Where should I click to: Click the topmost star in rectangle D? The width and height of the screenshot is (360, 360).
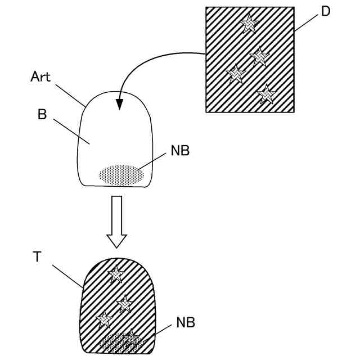point(248,23)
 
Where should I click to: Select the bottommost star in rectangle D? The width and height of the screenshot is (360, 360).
point(265,93)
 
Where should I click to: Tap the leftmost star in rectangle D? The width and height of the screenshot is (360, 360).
point(235,74)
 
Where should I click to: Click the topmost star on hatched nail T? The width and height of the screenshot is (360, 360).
point(116,274)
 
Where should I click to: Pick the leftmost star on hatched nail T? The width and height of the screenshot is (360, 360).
point(103,319)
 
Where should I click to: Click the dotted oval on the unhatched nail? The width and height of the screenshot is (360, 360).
point(121,174)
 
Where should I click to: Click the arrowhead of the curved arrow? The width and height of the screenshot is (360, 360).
point(119,105)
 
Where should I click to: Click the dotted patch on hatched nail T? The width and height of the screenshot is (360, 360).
point(121,342)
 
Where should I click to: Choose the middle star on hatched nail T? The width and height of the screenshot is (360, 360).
point(125,304)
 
